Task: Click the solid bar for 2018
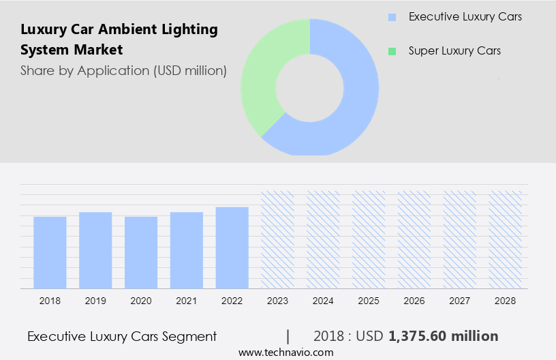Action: tap(50, 252)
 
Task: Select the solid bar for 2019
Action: tap(95, 250)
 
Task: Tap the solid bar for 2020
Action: tap(141, 252)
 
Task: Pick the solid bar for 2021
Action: tap(187, 250)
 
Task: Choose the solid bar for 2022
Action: tap(232, 247)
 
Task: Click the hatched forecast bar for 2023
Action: tap(278, 239)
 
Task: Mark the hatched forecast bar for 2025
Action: tap(369, 239)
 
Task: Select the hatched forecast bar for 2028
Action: tap(506, 239)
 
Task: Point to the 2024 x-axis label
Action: tap(323, 301)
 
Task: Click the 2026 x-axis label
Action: tap(414, 301)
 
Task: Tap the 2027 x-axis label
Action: tap(460, 301)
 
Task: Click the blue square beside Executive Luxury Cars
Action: tap(391, 17)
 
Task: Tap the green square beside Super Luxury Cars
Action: tap(391, 51)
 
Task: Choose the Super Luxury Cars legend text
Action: tap(454, 51)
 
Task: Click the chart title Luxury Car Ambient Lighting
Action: tap(119, 29)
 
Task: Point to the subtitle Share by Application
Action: tap(123, 70)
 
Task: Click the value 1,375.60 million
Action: tap(443, 336)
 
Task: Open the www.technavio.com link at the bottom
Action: tap(285, 352)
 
